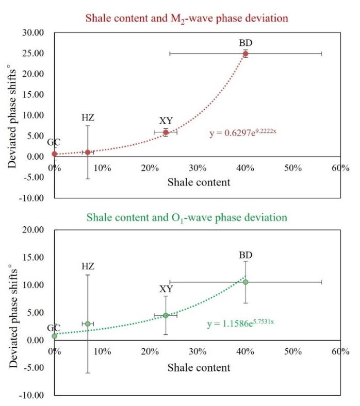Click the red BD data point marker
tap(246, 54)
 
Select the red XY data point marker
tap(166, 132)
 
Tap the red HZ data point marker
tap(88, 152)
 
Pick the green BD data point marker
tap(246, 282)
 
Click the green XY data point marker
tap(166, 315)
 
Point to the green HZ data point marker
tap(88, 324)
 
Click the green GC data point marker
tap(55, 336)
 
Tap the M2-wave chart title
tap(179, 19)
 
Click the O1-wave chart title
tap(179, 217)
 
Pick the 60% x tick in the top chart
tap(341, 168)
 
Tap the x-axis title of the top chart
tap(199, 182)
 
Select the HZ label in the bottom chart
tap(88, 266)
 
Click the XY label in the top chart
tap(166, 121)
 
